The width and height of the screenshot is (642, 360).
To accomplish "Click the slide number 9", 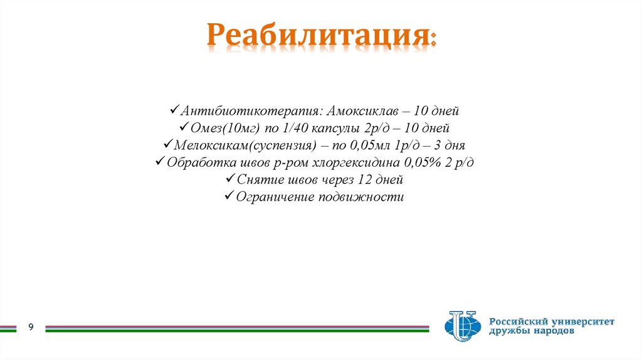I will [30, 327].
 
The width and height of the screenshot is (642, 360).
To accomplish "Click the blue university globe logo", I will [461, 326].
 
